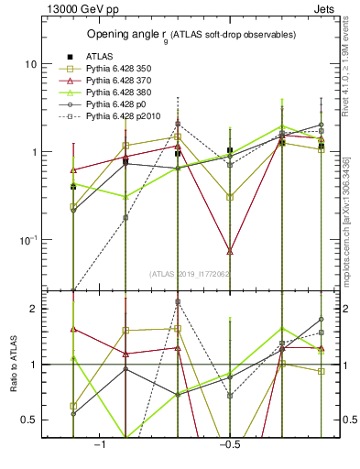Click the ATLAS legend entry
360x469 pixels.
click(x=100, y=55)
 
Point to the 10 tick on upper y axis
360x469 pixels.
click(x=31, y=64)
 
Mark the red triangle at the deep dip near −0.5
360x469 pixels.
click(x=230, y=251)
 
